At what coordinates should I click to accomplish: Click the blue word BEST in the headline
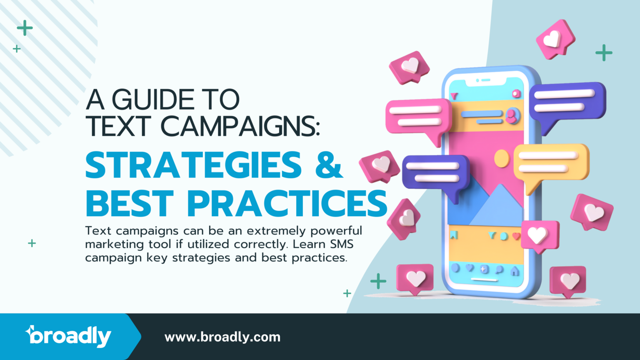tap(130, 204)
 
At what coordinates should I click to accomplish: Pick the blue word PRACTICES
tap(287, 204)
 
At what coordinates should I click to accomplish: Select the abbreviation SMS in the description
tap(341, 244)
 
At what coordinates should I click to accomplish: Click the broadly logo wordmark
tap(69, 336)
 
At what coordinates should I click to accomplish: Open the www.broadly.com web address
tap(222, 337)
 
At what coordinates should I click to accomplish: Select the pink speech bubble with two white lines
tap(418, 116)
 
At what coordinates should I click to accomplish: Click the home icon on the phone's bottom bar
tap(515, 271)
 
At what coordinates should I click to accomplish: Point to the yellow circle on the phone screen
tap(502, 159)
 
